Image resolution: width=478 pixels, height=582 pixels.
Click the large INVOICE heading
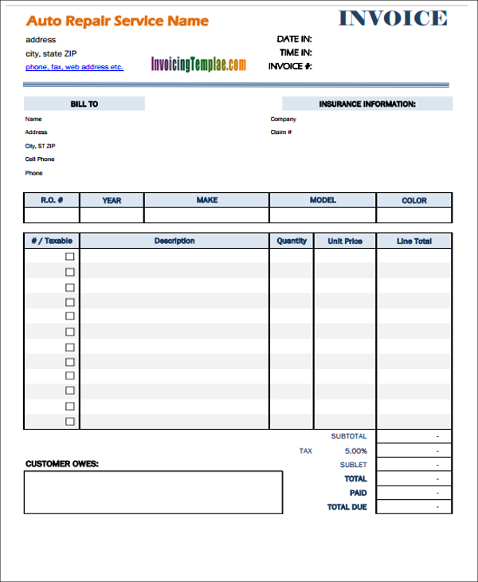pos(393,18)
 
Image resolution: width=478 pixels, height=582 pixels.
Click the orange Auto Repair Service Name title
pos(117,22)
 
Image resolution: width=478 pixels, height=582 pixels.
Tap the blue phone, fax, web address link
pos(74,67)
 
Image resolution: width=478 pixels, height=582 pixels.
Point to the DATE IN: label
pos(294,38)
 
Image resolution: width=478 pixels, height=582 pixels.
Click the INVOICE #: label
pos(289,66)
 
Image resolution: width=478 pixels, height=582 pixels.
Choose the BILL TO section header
pos(84,104)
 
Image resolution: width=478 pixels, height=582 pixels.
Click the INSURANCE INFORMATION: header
pos(367,104)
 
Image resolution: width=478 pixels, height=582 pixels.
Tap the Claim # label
pos(281,132)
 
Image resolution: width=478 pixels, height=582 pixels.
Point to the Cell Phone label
pos(40,159)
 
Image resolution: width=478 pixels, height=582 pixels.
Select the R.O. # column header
pos(52,200)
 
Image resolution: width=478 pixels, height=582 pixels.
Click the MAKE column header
pos(206,200)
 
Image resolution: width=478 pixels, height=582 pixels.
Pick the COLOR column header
pos(413,200)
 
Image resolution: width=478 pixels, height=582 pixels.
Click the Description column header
pos(174,241)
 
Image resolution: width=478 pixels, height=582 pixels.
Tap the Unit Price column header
pos(344,241)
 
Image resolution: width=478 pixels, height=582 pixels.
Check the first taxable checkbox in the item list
pos(69,257)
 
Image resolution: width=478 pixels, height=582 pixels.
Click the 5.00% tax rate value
pos(355,451)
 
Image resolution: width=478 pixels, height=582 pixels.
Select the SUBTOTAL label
pos(349,436)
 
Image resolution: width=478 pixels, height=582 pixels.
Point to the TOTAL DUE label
pos(347,507)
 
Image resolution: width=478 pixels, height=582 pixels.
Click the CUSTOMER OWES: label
pos(62,463)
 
